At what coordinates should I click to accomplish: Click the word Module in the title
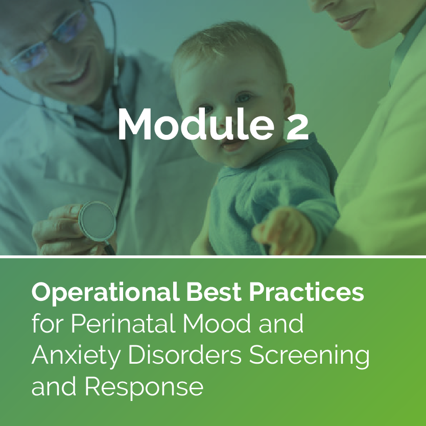[x=196, y=124]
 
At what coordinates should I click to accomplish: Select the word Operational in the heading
[x=105, y=293]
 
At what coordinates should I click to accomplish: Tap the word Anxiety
[x=76, y=357]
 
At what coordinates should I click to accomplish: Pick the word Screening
[x=309, y=357]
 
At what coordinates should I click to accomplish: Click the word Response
[x=144, y=388]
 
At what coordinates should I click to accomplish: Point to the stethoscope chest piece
[x=97, y=220]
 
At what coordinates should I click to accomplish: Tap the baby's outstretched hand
[x=282, y=231]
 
